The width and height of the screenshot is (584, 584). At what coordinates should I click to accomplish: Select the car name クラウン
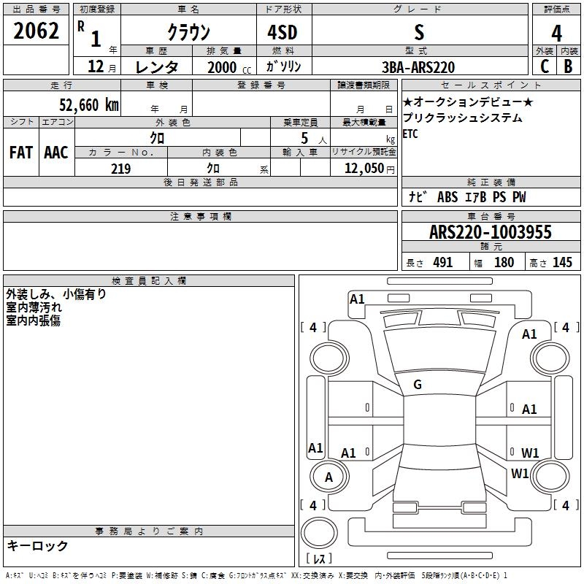[188, 31]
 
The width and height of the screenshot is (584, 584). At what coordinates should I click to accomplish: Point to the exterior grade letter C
[544, 66]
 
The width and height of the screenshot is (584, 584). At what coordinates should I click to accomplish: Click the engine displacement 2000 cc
[227, 67]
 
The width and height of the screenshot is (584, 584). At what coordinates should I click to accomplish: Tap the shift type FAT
[20, 153]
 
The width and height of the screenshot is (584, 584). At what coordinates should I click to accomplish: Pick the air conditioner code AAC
[56, 153]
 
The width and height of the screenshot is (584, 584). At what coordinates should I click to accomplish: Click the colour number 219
[120, 169]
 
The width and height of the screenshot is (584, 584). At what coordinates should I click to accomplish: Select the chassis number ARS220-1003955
[491, 232]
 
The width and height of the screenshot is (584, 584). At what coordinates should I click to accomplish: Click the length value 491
[442, 263]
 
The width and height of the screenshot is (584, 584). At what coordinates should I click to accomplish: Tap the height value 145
[562, 263]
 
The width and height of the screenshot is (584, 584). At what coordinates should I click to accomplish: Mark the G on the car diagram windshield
[418, 385]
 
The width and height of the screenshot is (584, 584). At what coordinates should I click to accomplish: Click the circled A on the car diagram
[328, 477]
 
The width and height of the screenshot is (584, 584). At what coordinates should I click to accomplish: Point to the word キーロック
[37, 545]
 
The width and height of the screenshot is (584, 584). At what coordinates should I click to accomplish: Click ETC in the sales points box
[411, 134]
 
